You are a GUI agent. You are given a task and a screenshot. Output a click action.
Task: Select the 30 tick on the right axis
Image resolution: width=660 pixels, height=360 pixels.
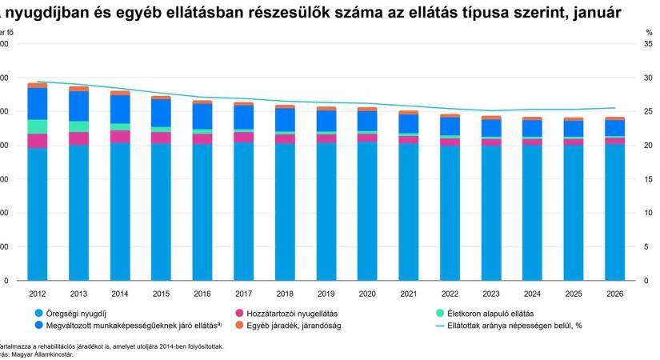click(649, 78)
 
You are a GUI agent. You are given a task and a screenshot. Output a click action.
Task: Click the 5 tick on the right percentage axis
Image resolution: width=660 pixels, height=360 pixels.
click(649, 247)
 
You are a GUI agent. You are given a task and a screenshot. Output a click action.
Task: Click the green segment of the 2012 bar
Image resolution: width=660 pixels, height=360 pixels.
click(37, 126)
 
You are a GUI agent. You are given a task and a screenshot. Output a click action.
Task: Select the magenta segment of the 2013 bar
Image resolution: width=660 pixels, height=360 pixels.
click(78, 138)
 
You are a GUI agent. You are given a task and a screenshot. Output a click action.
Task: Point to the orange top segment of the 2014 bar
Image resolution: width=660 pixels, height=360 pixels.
click(119, 93)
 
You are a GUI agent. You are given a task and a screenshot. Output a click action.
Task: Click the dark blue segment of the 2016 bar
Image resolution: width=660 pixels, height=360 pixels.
click(202, 116)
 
